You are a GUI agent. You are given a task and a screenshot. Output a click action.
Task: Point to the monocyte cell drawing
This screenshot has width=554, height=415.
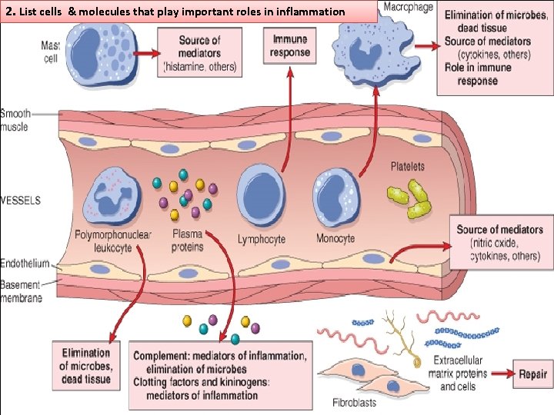[335, 196]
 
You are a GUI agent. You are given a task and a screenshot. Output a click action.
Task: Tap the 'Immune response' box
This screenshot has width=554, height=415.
[289, 46]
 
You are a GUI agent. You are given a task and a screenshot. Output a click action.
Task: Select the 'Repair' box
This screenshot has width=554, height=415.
[532, 374]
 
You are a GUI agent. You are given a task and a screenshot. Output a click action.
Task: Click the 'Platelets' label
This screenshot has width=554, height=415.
[407, 167]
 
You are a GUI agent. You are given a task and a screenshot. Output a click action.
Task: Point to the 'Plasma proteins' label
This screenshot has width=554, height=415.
[188, 241]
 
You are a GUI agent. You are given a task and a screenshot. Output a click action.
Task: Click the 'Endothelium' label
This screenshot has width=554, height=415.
[23, 262]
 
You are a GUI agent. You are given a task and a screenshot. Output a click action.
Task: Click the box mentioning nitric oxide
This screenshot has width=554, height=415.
[499, 242]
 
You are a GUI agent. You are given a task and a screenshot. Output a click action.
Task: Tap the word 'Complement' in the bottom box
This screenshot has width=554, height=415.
[162, 356]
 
